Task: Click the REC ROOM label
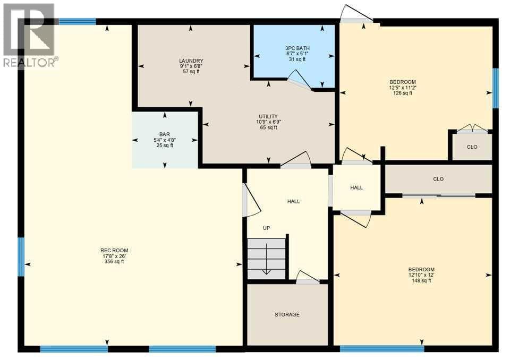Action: point(114,251)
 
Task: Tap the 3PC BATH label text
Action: point(297,48)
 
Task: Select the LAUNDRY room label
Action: point(191,61)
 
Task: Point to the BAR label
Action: point(165,134)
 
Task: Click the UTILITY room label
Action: point(268,116)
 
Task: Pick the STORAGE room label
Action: point(287,314)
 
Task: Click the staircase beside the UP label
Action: point(266,259)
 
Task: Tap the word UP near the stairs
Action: point(266,228)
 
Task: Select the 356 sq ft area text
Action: point(114,261)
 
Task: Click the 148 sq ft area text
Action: point(421,280)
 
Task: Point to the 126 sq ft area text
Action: point(403,93)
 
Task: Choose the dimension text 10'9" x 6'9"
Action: point(268,122)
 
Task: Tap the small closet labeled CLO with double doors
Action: point(472,147)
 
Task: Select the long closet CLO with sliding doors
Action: point(438,179)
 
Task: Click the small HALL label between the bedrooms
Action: point(356,187)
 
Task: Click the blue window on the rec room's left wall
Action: point(21,257)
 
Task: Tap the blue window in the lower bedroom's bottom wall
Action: point(382,349)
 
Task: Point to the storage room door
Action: point(308,277)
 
